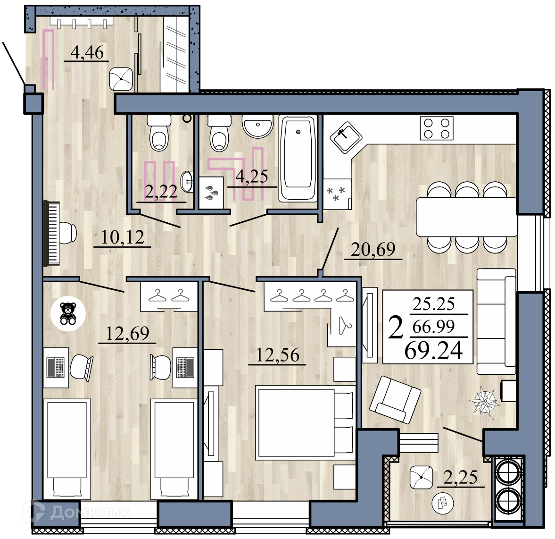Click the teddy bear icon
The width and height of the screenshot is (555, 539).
point(67,313)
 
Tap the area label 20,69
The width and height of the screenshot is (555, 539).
point(373,250)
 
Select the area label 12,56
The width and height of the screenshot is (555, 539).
point(277,355)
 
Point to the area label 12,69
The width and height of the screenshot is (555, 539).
point(127,333)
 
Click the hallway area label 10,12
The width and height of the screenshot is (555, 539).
point(123,237)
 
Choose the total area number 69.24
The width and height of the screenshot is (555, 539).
point(434,350)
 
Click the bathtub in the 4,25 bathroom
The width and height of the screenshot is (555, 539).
point(298,159)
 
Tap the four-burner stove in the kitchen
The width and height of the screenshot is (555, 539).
point(437,128)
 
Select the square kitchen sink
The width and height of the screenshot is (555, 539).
point(346,137)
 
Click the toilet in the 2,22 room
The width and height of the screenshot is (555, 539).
point(159,133)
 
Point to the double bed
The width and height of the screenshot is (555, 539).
point(305,422)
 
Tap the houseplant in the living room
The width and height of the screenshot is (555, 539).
point(484,402)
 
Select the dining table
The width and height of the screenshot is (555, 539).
point(466,217)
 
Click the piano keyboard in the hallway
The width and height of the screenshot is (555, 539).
point(51,234)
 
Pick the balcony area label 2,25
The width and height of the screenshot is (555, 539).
point(460,478)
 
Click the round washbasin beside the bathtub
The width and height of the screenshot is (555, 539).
point(257,126)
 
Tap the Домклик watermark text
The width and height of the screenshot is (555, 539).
point(90,512)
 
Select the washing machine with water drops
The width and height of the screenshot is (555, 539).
point(211,193)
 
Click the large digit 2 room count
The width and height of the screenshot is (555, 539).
point(396,328)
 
